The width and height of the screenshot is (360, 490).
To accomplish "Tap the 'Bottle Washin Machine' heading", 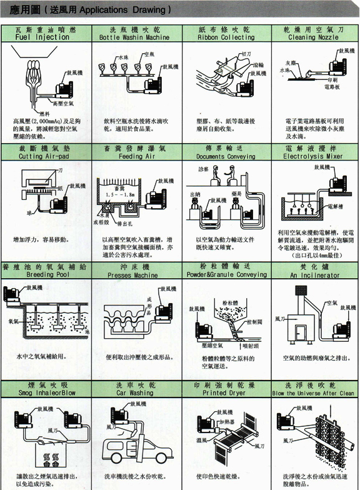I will tap(134, 37).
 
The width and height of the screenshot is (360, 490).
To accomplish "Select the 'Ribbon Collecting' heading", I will tap(226, 37).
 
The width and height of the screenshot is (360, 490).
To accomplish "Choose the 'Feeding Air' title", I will tap(134, 157).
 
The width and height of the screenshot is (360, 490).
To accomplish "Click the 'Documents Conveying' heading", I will tap(226, 157).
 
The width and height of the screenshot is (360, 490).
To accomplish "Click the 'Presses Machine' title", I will tap(134, 274).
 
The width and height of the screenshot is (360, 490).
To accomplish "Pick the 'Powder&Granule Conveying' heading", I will tap(226, 274).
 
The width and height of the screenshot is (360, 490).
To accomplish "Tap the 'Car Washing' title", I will tap(134, 393).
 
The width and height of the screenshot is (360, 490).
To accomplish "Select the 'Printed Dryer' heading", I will tap(226, 393).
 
